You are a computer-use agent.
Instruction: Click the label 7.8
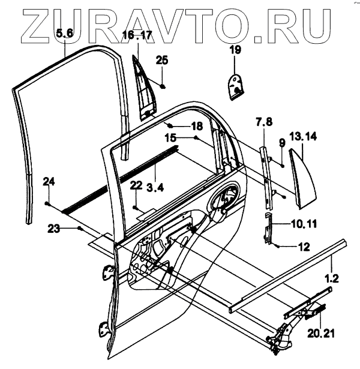click(x=265, y=122)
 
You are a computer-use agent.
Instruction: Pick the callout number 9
click(x=281, y=142)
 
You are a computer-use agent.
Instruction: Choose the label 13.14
click(x=304, y=136)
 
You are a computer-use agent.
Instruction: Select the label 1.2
click(x=332, y=278)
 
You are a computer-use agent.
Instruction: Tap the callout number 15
click(x=171, y=138)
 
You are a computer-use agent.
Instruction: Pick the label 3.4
click(x=155, y=188)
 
